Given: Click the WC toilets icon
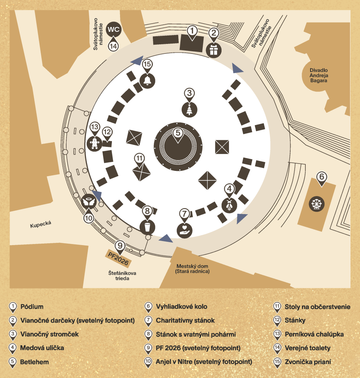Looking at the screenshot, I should coord(114,30).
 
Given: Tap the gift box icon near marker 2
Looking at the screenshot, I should coord(213,50).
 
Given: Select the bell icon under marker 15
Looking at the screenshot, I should coord(147,80).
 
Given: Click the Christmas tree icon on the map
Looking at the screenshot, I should coord(189,109).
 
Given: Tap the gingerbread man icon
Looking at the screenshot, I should coord(95,143).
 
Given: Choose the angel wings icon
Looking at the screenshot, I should coord(89,202).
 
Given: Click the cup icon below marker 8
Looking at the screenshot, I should coord(147,226).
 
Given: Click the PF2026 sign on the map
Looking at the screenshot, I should coord(119,258).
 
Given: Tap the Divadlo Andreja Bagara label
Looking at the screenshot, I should coord(319,75).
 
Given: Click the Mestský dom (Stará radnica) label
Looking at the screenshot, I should coord(192,269).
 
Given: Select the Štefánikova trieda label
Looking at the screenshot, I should coord(122,275).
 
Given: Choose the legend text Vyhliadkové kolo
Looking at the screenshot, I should coord(181,307).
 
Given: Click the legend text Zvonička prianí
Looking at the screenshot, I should coord(308,362).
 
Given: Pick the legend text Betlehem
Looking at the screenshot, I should coord(35,362).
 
